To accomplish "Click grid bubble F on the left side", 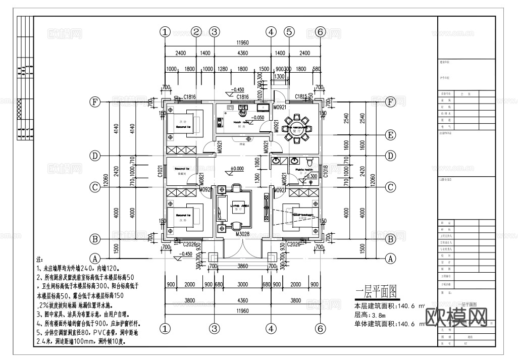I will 94,101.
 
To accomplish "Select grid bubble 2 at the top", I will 196,31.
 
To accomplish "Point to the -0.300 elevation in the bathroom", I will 312,176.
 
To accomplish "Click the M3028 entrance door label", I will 243,234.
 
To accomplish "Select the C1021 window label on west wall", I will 159,171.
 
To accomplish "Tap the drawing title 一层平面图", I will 375,292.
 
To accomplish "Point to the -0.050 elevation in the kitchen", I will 259,117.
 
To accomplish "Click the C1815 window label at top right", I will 301,96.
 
